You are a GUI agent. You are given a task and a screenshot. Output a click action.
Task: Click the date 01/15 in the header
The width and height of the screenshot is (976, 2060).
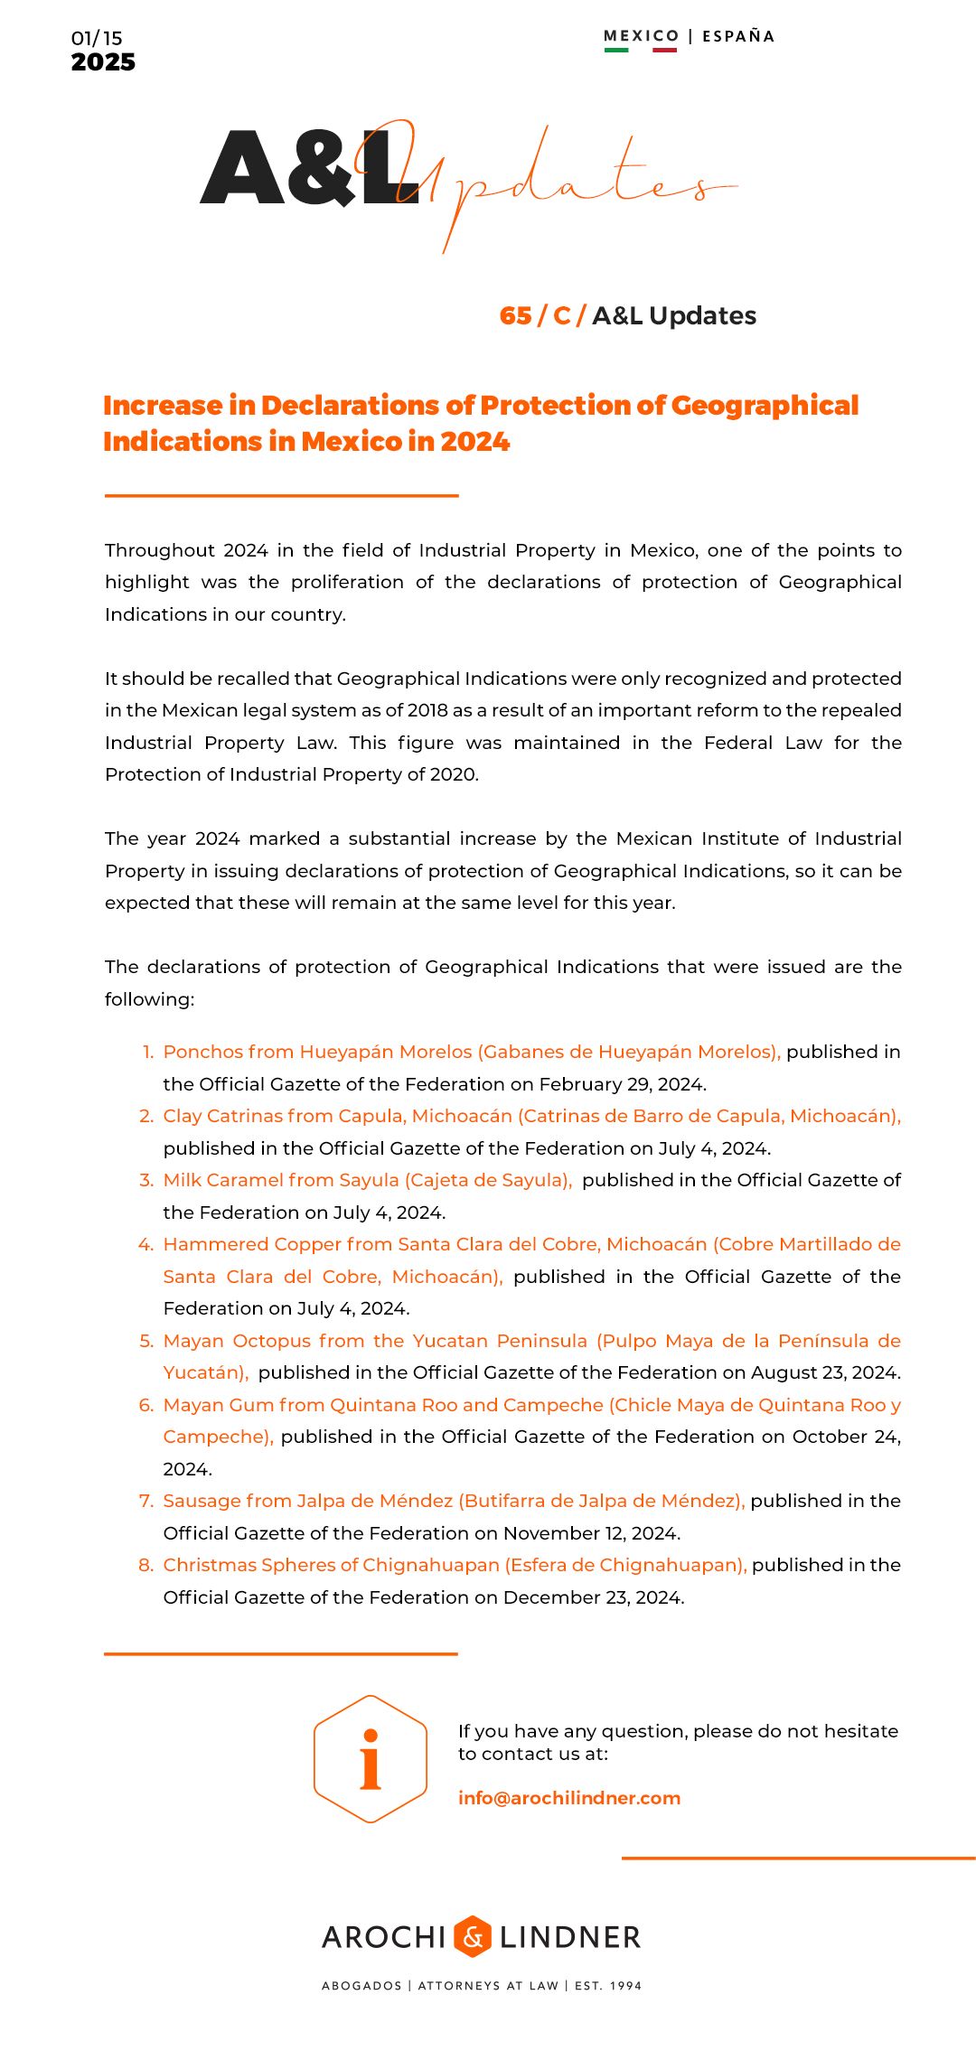click(x=97, y=38)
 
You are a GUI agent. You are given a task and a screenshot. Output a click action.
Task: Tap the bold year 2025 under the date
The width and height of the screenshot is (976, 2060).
click(x=103, y=62)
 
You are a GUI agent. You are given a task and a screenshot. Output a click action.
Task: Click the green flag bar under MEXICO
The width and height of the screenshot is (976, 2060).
click(x=616, y=50)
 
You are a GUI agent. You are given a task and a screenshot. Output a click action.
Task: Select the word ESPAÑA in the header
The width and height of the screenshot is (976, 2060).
click(x=738, y=36)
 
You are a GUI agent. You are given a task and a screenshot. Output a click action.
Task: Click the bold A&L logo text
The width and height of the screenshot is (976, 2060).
click(x=307, y=168)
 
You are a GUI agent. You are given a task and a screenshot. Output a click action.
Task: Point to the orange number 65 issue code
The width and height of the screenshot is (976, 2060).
click(x=515, y=315)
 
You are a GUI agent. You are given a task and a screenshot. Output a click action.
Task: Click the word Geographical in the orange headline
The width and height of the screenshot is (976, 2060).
click(x=765, y=406)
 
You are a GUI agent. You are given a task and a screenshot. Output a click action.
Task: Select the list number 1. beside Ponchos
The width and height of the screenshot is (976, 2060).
click(x=147, y=1052)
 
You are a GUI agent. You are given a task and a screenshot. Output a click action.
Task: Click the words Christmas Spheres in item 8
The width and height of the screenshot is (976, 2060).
click(x=249, y=1565)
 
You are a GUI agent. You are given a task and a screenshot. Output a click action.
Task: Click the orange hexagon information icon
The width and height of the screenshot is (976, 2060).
click(x=371, y=1758)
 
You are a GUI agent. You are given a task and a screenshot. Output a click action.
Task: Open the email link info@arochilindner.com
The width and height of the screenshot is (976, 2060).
click(x=569, y=1798)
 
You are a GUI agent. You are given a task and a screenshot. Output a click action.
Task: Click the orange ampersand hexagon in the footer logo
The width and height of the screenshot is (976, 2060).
click(x=473, y=1936)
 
